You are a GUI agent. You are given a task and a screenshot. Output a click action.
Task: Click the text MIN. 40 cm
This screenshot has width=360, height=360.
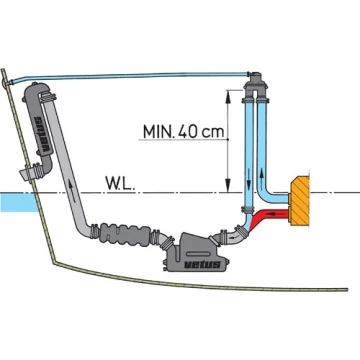tap(183, 132)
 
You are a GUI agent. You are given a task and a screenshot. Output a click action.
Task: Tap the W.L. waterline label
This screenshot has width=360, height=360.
tap(120, 183)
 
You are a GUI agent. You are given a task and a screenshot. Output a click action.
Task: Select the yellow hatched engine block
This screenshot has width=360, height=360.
tap(300, 201)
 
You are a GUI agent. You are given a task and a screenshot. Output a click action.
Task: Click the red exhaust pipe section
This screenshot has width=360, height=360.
tap(268, 217)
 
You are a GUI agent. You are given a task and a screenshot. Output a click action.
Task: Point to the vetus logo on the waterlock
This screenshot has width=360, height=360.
tap(202, 265)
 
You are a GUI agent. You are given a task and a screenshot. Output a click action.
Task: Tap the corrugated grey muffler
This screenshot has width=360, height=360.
tap(126, 235)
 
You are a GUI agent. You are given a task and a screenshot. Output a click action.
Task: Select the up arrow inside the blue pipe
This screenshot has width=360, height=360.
tap(262, 174)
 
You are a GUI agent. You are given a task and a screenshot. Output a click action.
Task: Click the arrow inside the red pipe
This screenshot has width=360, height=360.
tap(274, 213)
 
